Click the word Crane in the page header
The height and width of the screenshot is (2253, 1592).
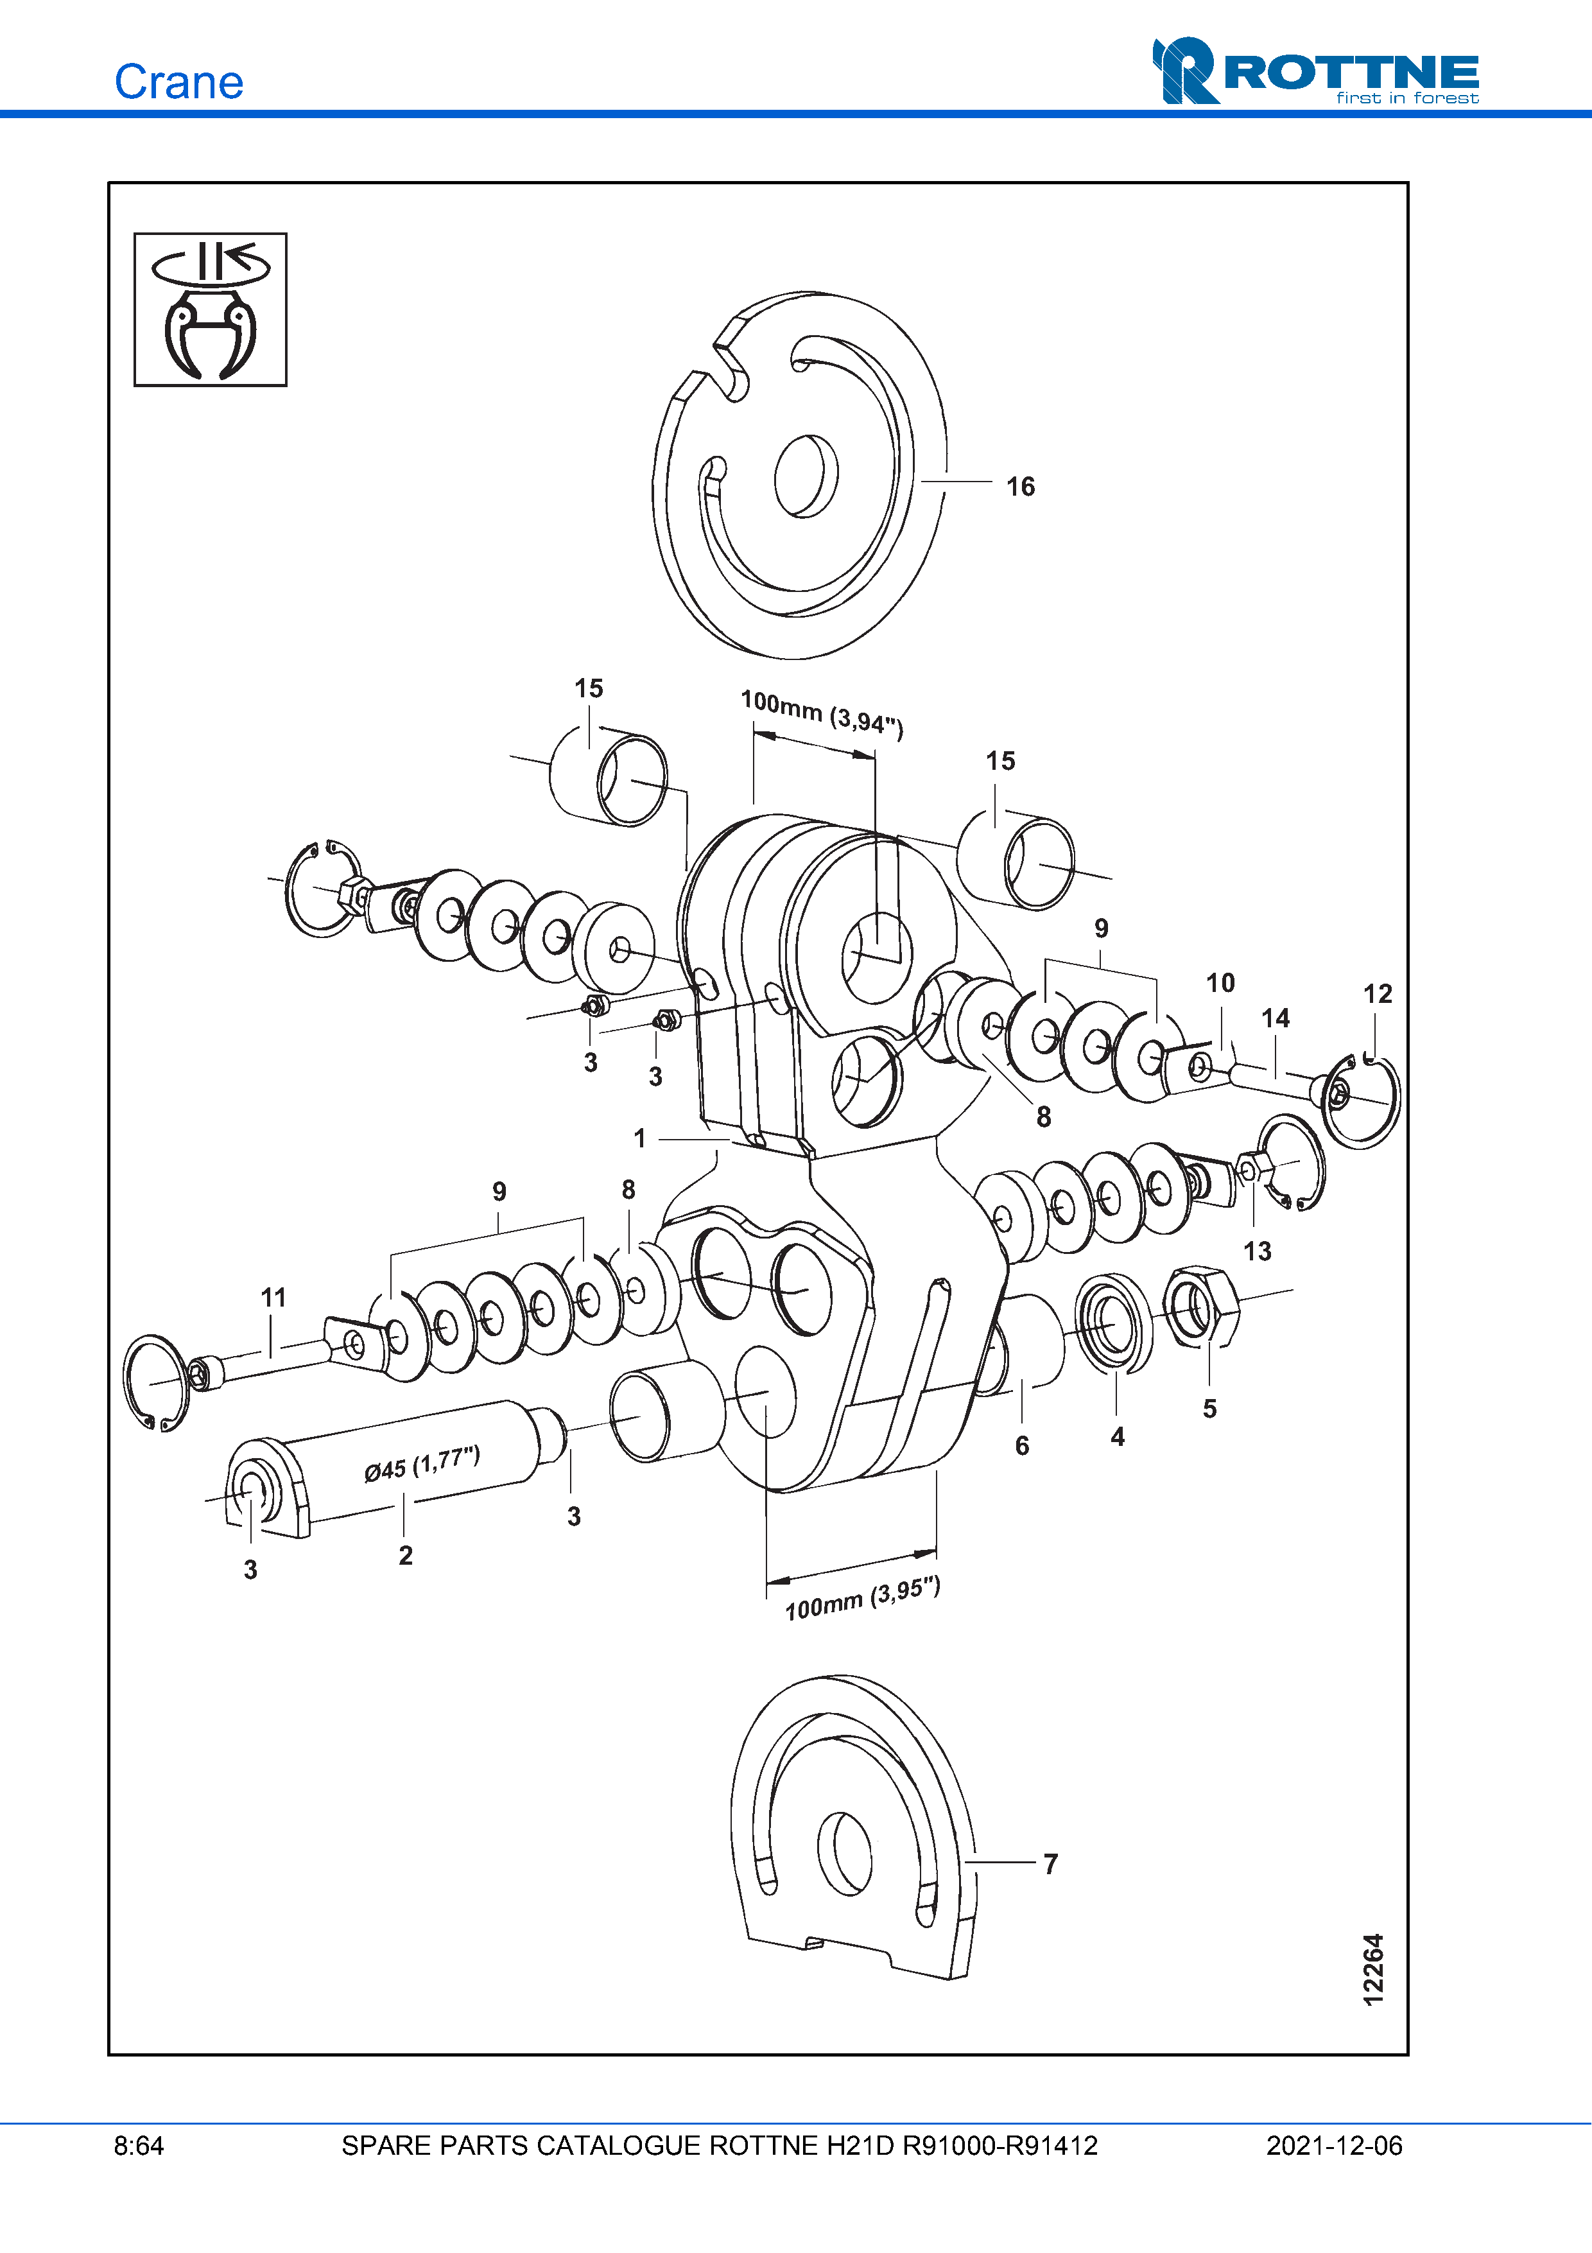click(x=178, y=82)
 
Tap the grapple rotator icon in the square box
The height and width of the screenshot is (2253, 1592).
click(x=210, y=309)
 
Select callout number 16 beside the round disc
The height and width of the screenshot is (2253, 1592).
click(x=1020, y=487)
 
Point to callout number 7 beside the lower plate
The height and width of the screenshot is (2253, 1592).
click(x=1051, y=1863)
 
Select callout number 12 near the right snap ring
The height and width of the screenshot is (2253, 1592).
click(x=1377, y=994)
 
